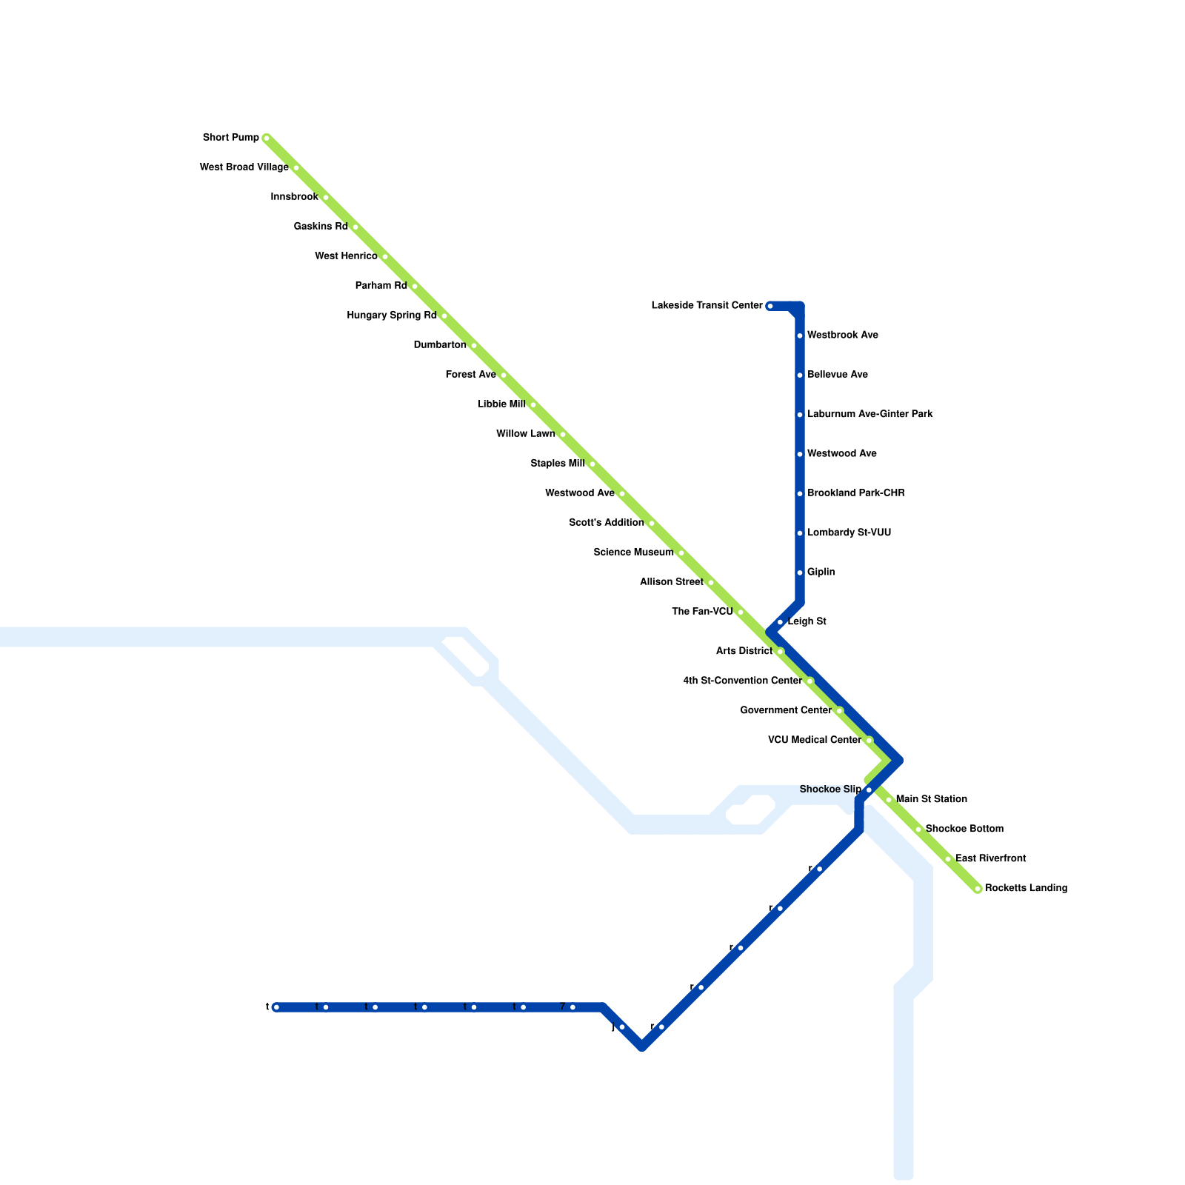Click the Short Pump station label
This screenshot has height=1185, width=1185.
231,138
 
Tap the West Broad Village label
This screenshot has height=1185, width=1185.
244,167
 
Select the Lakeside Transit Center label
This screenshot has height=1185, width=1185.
707,306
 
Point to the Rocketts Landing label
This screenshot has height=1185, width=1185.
1026,888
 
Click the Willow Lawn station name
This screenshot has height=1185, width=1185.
525,434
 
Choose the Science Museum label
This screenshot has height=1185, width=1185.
633,553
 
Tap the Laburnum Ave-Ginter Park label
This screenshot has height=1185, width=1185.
869,414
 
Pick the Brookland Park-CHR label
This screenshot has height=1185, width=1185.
855,493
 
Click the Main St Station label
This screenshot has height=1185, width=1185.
931,799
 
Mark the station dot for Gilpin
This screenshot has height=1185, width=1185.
800,573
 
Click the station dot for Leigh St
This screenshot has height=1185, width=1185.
780,622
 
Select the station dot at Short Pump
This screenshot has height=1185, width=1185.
267,138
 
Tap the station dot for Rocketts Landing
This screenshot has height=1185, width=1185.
978,889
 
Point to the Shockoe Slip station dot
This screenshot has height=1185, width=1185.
869,790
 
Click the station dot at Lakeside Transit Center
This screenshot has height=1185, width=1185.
770,306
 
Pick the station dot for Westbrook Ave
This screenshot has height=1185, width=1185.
800,336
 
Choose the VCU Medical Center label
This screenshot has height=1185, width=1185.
814,740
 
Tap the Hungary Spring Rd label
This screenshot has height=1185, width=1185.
391,316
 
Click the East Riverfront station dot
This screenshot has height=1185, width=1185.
948,859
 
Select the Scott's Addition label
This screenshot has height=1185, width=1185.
606,523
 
